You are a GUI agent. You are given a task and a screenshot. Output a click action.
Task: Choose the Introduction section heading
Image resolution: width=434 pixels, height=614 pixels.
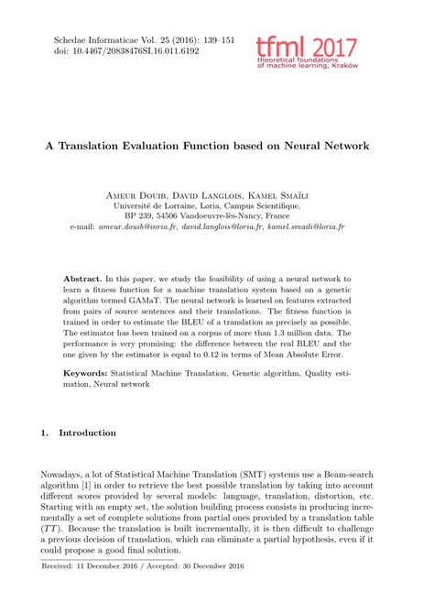click(x=87, y=433)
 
